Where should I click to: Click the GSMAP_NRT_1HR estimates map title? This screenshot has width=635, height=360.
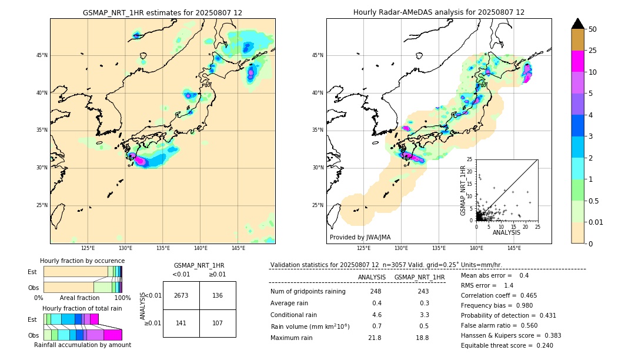coord(162,12)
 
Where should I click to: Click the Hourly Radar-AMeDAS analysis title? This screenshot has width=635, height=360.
coord(439,12)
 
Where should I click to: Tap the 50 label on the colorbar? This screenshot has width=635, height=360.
coord(593,29)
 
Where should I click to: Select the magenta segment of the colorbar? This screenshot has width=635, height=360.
coord(578,61)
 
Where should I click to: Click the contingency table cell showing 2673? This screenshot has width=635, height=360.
coord(181,295)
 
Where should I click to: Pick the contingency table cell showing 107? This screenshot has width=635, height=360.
coord(218,323)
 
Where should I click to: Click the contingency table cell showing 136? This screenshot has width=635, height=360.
coord(218,295)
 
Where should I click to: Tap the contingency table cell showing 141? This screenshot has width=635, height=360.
coord(181,323)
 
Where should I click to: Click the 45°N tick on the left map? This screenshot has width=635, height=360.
coord(42,55)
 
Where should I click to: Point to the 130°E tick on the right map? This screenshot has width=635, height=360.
coord(402,248)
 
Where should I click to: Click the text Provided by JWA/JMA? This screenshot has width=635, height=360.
coord(360,238)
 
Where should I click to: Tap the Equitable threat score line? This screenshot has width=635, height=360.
coord(507,345)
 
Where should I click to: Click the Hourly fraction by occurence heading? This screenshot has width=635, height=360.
coord(82,261)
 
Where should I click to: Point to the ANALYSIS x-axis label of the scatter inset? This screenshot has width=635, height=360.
coord(506,232)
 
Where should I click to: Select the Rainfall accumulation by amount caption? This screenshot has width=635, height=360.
coord(82,345)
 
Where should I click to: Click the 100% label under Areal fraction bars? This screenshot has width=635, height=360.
coord(122,298)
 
